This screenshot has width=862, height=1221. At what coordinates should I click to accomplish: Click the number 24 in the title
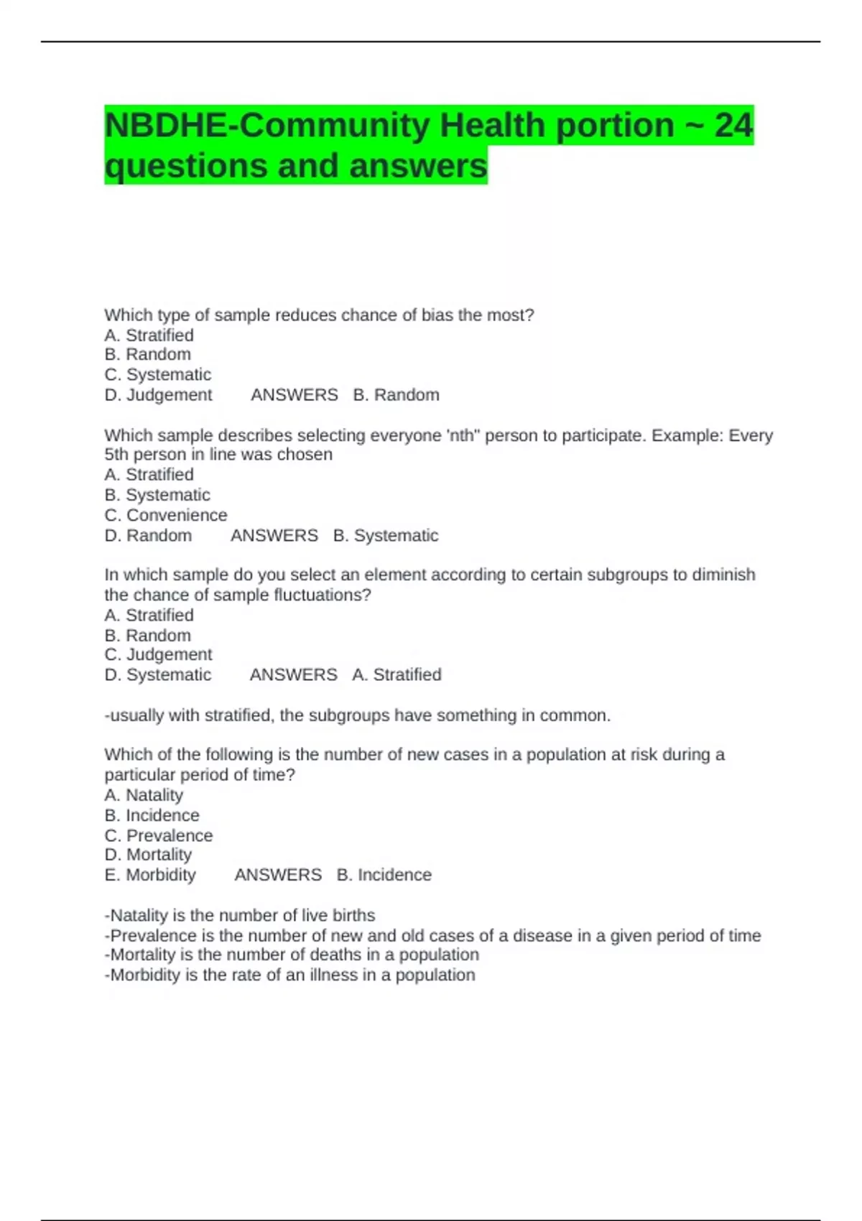pos(733,126)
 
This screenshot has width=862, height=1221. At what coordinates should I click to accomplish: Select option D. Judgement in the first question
pos(158,395)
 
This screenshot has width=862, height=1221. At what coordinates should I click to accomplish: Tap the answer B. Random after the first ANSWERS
pos(396,395)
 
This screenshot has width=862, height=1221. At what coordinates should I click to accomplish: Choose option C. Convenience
pos(165,515)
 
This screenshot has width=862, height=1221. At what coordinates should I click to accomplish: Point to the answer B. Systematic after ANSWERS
pos(386,535)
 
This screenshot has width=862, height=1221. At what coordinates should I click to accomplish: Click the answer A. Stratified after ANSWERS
pos(397,674)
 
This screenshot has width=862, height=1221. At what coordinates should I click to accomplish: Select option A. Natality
pos(144,795)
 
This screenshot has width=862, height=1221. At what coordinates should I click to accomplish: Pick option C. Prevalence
pos(158,835)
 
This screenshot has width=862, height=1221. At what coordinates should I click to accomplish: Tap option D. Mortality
pos(148,855)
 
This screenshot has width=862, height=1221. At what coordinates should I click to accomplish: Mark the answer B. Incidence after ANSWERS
pos(384,875)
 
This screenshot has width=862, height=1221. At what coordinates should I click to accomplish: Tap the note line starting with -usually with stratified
pos(357,715)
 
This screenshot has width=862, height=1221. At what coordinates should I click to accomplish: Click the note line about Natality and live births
pos(239,916)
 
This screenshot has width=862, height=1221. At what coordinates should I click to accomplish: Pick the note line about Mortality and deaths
pos(291,955)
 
